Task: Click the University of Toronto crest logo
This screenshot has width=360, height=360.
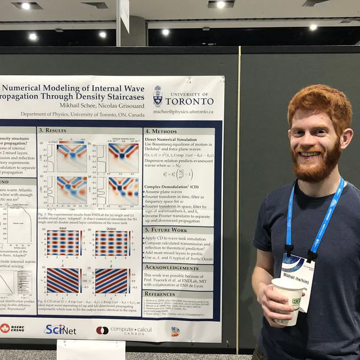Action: (158, 96)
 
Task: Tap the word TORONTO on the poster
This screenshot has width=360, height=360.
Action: (189, 102)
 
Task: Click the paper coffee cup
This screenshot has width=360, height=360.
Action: (289, 300)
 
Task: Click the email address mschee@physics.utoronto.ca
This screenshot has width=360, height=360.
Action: (182, 111)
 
